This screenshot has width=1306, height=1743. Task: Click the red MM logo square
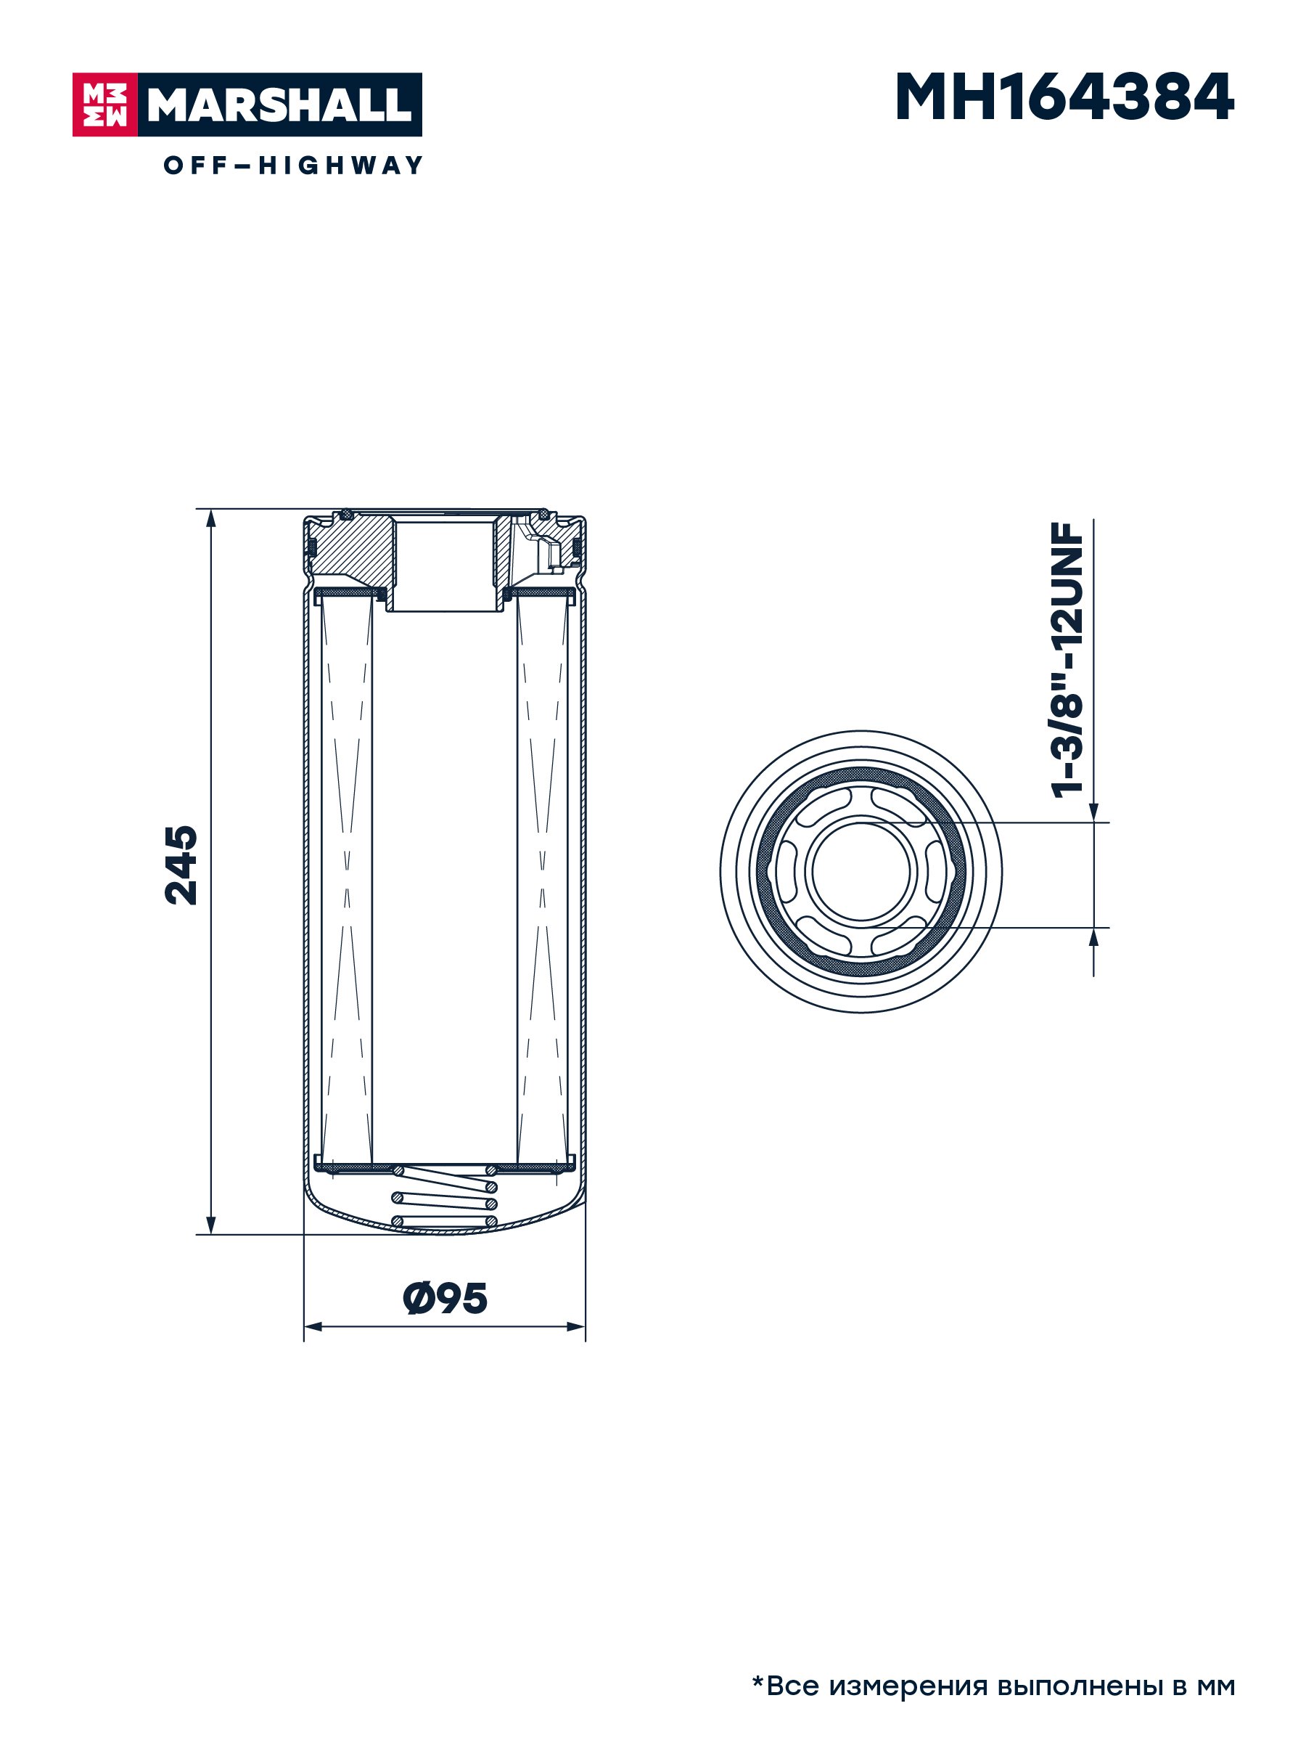(x=104, y=105)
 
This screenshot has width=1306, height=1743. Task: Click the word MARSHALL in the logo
(x=279, y=105)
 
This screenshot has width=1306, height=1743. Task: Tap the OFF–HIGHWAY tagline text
(x=293, y=166)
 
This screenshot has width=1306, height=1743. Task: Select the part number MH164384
(x=1064, y=98)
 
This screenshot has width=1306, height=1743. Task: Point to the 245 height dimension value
(x=181, y=865)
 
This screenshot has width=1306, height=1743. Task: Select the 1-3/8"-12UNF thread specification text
(x=1068, y=661)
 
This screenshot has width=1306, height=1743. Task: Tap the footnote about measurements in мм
(x=993, y=1686)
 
